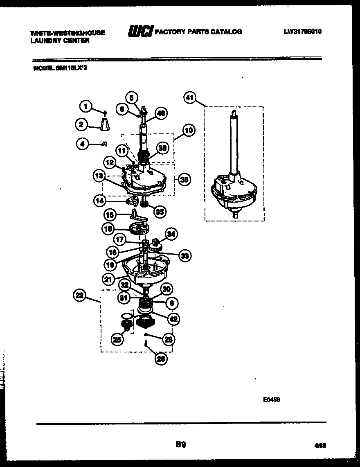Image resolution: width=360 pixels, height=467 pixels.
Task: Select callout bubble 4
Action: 82,143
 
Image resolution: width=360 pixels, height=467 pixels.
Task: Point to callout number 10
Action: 188,131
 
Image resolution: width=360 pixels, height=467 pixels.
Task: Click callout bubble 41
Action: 189,98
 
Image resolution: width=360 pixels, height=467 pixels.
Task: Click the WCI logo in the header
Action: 141,32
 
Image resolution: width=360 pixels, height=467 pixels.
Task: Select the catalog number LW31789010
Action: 302,31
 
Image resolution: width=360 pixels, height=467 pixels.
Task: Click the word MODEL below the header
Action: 41,69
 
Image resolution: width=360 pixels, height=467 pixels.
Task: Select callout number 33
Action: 185,255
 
